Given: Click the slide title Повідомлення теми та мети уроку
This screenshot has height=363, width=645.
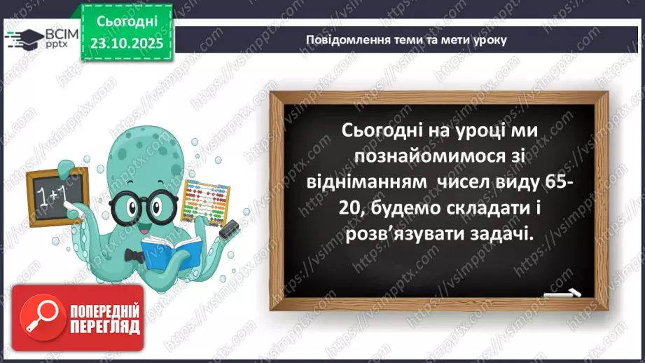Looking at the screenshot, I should (x=406, y=39).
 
